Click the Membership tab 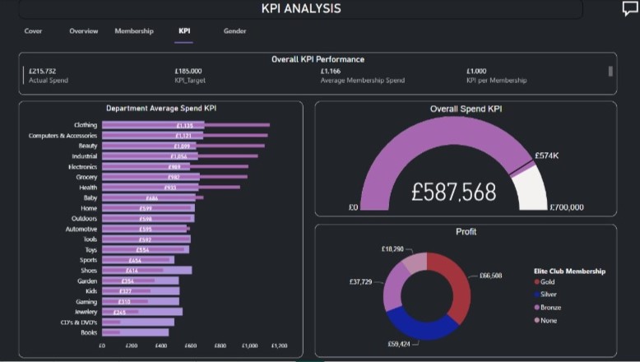click(x=134, y=31)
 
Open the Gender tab click(x=234, y=31)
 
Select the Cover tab click(x=34, y=31)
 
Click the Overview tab click(x=84, y=31)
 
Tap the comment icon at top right click(x=630, y=9)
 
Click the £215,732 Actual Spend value click(x=42, y=72)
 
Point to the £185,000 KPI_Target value click(x=188, y=72)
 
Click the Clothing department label click(x=85, y=125)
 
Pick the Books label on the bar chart click(x=89, y=332)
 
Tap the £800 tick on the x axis click(x=220, y=346)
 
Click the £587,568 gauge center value click(x=454, y=193)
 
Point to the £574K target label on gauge click(x=547, y=155)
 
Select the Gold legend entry click(x=547, y=281)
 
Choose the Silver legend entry click(x=548, y=295)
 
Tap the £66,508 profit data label click(x=490, y=276)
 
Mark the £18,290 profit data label click(x=392, y=248)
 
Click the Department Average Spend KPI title click(x=161, y=108)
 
